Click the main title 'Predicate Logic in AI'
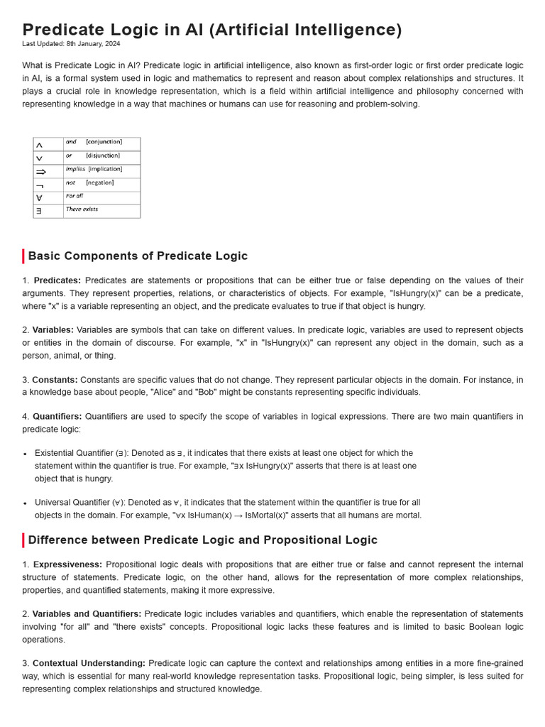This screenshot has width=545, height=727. (x=211, y=30)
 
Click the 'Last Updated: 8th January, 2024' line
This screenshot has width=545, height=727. (x=71, y=44)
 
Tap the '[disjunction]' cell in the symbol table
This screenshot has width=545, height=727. (x=102, y=155)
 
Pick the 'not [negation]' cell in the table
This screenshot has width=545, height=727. (x=101, y=183)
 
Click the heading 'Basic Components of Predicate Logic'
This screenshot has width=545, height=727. (x=138, y=256)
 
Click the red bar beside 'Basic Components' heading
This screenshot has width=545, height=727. (x=23, y=256)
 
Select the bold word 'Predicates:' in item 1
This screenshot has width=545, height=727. (x=57, y=280)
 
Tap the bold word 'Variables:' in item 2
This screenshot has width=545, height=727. (x=53, y=330)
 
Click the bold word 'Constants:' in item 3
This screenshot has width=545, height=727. (x=55, y=380)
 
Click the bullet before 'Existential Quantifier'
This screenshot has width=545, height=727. (x=26, y=454)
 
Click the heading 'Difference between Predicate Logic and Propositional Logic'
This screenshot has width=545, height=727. (x=202, y=540)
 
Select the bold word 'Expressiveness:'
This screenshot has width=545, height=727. (x=67, y=564)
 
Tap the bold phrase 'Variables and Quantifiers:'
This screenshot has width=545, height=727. (x=87, y=614)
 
